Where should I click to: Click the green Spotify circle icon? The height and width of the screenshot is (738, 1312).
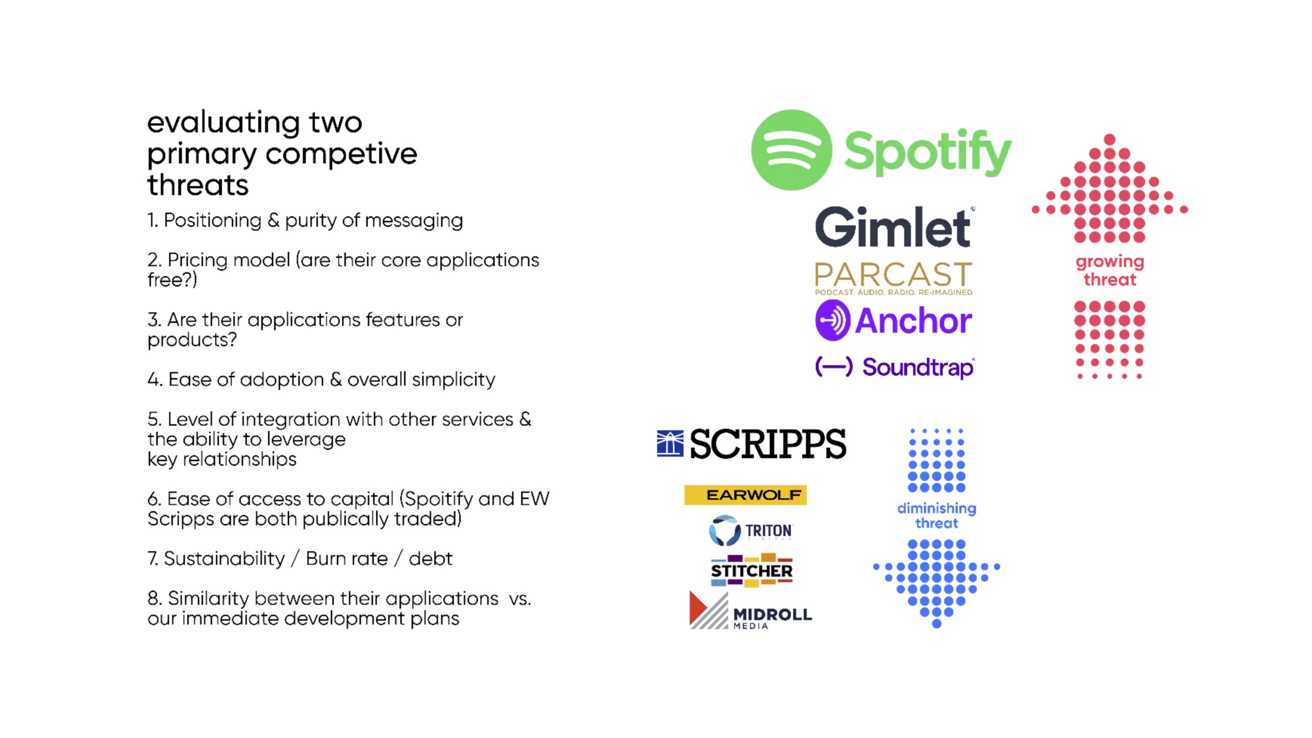[x=791, y=150]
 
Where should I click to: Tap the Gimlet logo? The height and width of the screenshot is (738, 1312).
[x=894, y=227]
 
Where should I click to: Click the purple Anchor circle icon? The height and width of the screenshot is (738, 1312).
[x=833, y=320]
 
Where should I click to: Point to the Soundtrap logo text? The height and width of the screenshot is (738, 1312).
[x=918, y=367]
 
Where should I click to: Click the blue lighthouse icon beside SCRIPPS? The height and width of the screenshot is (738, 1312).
[x=670, y=443]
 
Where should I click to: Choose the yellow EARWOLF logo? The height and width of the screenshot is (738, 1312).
[x=745, y=495]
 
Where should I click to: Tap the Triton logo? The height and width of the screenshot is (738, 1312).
[x=751, y=530]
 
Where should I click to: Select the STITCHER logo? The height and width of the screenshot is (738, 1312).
[x=751, y=570]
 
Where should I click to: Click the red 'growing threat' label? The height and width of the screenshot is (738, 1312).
[x=1110, y=270]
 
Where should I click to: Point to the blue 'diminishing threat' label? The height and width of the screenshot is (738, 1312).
[x=937, y=516]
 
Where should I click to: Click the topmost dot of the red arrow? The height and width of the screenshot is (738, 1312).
[x=1110, y=139]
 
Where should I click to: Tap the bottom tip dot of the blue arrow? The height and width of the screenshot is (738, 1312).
[x=937, y=623]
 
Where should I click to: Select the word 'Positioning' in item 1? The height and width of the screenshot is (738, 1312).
[x=212, y=220]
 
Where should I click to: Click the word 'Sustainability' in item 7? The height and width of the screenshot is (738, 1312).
[x=224, y=559]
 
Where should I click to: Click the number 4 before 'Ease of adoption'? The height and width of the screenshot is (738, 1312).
[x=154, y=380]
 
